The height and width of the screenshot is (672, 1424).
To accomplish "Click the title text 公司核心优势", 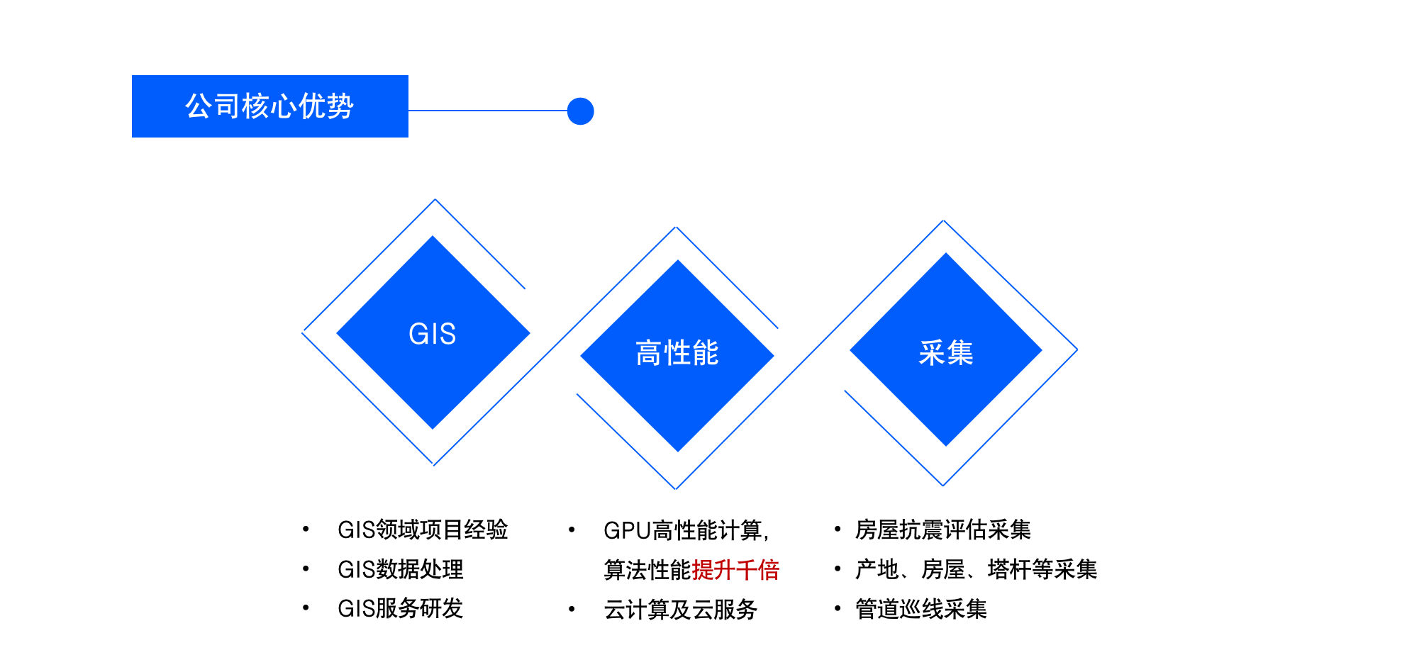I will [269, 106].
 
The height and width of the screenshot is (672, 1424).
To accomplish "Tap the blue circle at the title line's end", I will [580, 111].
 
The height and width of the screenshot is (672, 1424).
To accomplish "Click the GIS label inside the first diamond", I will [432, 334].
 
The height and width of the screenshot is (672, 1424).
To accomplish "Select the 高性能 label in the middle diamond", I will [677, 353].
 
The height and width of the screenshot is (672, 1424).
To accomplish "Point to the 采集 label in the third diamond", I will [945, 352].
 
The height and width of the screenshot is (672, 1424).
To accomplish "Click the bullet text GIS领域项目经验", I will [423, 530].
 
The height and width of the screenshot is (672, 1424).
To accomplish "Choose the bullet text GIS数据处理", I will [400, 569].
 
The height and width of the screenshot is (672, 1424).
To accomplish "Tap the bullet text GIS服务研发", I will [400, 608].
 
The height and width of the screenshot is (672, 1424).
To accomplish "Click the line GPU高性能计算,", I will [686, 530].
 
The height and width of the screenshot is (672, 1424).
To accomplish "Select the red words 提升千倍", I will [735, 570].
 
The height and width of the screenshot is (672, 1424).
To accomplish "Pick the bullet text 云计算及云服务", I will [680, 610].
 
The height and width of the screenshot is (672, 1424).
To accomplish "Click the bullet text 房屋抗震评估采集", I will [942, 530].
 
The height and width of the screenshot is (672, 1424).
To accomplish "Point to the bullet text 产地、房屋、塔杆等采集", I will [976, 569].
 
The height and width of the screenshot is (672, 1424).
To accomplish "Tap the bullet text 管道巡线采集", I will [920, 609].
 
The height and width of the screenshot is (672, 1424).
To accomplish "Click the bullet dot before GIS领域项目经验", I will [306, 529].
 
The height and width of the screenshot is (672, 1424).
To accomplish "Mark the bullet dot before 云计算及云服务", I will [572, 609].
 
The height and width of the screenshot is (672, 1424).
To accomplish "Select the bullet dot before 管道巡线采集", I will [838, 608].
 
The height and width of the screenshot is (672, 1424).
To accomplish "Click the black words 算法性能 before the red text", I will [647, 570].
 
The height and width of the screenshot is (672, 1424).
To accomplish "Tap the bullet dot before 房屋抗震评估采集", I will [838, 529].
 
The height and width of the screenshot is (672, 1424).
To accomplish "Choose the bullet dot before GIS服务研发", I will [306, 607].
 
